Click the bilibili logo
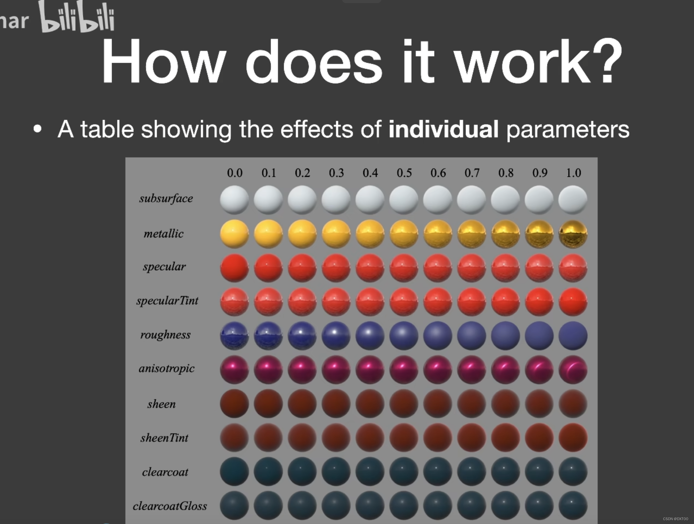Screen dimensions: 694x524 [x=77, y=17]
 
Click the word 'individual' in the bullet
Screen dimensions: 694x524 [x=443, y=129]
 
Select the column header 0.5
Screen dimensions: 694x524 [x=404, y=173]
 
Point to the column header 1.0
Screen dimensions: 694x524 [x=573, y=173]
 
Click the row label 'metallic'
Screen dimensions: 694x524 [x=164, y=234]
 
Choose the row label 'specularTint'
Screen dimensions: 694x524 [x=167, y=301]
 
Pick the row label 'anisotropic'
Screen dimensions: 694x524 [x=167, y=369]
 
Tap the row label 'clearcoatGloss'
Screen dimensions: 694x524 [x=170, y=506]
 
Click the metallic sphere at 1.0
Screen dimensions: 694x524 [x=573, y=234]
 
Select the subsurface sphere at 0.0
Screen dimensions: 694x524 [x=234, y=199]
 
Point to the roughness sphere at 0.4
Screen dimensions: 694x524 [x=370, y=336]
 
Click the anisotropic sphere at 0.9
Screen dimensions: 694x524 [x=539, y=369]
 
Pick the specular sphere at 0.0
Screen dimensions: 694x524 [x=234, y=268]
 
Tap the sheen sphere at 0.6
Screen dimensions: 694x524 [x=438, y=404]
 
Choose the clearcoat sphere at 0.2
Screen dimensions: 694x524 [x=302, y=472]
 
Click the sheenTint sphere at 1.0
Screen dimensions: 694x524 [x=573, y=438]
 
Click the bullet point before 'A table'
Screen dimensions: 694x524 [x=37, y=129]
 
